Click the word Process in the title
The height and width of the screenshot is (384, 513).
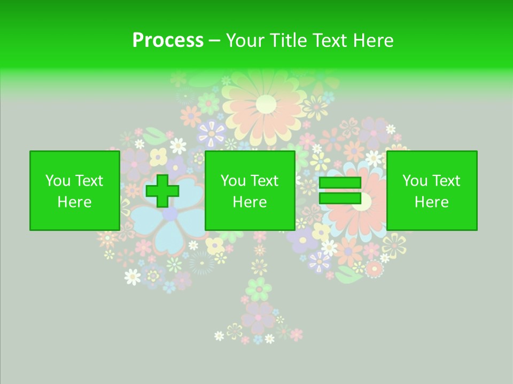(x=168, y=41)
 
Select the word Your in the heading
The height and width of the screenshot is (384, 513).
(x=244, y=41)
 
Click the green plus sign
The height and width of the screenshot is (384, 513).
(x=162, y=191)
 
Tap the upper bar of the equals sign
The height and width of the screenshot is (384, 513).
(x=340, y=183)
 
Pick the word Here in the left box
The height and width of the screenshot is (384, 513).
(x=74, y=202)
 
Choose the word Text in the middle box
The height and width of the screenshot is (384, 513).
(x=265, y=181)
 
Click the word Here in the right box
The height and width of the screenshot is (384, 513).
(x=431, y=202)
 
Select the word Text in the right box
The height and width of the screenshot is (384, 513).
(x=446, y=181)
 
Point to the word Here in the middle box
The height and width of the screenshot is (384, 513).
(x=250, y=202)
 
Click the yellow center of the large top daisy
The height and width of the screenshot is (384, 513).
(x=266, y=104)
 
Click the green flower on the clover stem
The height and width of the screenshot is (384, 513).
(x=259, y=289)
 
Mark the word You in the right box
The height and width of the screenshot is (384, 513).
(x=414, y=181)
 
